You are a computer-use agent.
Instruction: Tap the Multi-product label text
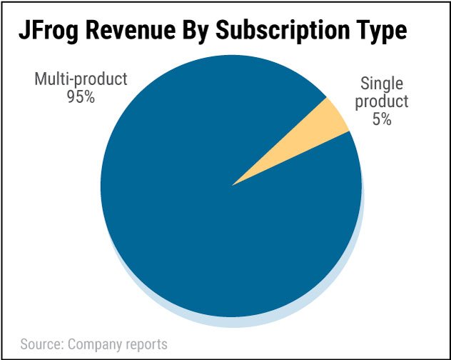pos(80,79)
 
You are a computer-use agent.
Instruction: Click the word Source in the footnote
pos(41,344)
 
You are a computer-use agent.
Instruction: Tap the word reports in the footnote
pos(147,344)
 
